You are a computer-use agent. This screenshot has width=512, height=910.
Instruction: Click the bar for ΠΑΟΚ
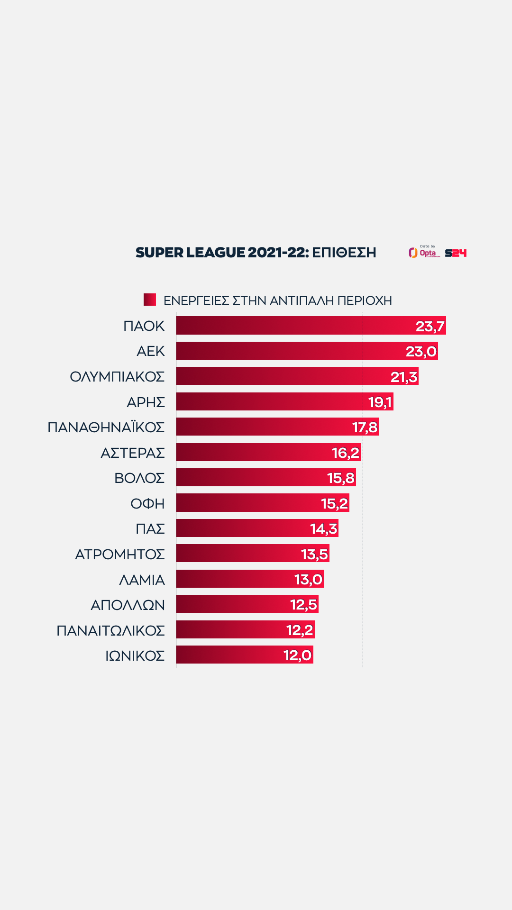[294, 326]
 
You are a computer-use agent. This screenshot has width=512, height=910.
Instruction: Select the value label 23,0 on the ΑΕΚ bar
[421, 351]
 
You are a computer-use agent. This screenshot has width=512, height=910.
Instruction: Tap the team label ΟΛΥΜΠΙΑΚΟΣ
[117, 377]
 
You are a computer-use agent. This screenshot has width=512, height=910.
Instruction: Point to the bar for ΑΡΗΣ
[270, 402]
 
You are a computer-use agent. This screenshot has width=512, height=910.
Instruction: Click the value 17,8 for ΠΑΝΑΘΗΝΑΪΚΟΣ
[365, 428]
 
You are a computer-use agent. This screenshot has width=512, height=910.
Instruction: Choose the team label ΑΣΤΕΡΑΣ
[133, 453]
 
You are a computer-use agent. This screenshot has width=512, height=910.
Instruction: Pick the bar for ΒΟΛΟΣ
[251, 478]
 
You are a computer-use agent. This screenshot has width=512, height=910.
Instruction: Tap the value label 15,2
[334, 503]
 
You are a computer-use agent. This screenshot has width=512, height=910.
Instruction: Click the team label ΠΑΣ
[150, 529]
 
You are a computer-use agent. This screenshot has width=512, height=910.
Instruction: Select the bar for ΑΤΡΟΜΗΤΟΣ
[237, 554]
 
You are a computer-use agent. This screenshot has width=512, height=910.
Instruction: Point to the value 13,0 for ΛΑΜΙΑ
[308, 580]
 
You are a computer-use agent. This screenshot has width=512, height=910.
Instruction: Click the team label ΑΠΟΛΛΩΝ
[128, 605]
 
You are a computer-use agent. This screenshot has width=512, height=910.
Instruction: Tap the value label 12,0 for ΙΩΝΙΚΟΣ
[297, 655]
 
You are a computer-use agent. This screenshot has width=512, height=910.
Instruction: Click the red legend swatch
[150, 300]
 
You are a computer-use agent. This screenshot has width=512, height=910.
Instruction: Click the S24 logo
[456, 253]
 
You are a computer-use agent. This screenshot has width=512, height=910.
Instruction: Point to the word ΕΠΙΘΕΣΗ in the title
[344, 253]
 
